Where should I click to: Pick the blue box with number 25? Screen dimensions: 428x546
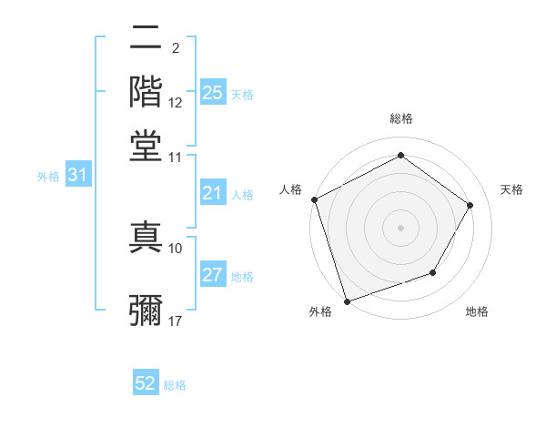(x=212, y=93)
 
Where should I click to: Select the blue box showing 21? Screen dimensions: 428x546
(x=212, y=193)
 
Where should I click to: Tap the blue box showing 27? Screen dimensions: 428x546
(x=212, y=276)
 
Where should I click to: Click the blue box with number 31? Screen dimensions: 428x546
(x=77, y=176)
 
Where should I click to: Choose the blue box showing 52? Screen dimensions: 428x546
(x=146, y=383)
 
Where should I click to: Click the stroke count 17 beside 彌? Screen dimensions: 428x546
(x=176, y=321)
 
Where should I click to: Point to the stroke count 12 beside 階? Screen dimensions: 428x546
(x=176, y=103)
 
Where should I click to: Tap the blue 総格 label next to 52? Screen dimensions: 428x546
(x=175, y=385)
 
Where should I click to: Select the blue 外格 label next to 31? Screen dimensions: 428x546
(x=48, y=177)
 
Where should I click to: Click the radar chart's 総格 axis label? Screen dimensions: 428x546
(x=400, y=119)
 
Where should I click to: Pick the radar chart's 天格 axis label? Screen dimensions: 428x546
(x=511, y=189)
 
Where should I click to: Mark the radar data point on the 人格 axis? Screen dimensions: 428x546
(x=314, y=199)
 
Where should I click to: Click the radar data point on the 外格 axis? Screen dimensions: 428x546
(x=347, y=301)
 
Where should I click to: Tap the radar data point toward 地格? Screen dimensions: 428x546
(x=433, y=272)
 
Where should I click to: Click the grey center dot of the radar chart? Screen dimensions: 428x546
(x=400, y=227)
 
